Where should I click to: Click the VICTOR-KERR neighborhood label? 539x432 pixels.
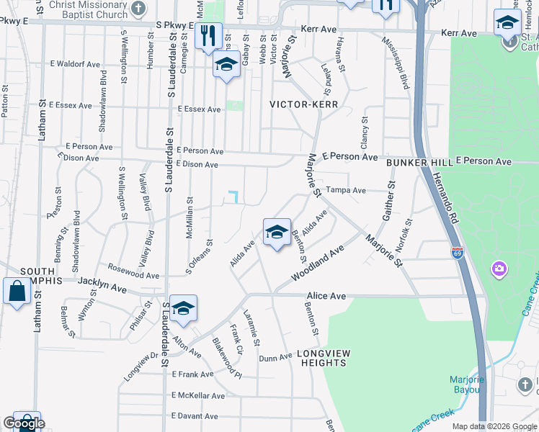click(303, 104)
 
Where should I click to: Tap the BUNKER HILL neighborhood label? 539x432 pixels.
click(419, 163)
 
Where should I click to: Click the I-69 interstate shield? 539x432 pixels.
click(458, 252)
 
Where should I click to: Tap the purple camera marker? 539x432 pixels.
click(499, 269)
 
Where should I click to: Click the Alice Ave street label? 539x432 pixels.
click(326, 296)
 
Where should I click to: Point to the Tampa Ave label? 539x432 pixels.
click(346, 190)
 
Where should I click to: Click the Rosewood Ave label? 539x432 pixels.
click(133, 271)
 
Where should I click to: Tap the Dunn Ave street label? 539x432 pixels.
click(275, 357)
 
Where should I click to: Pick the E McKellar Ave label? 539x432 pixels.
click(198, 395)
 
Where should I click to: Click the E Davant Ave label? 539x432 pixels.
click(195, 416)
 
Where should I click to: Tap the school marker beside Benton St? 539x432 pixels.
click(276, 233)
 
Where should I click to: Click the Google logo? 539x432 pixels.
click(24, 423)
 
